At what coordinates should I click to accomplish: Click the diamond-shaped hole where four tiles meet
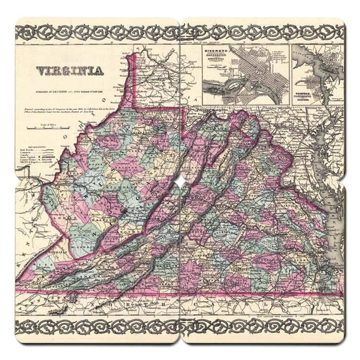tap(180, 180)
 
